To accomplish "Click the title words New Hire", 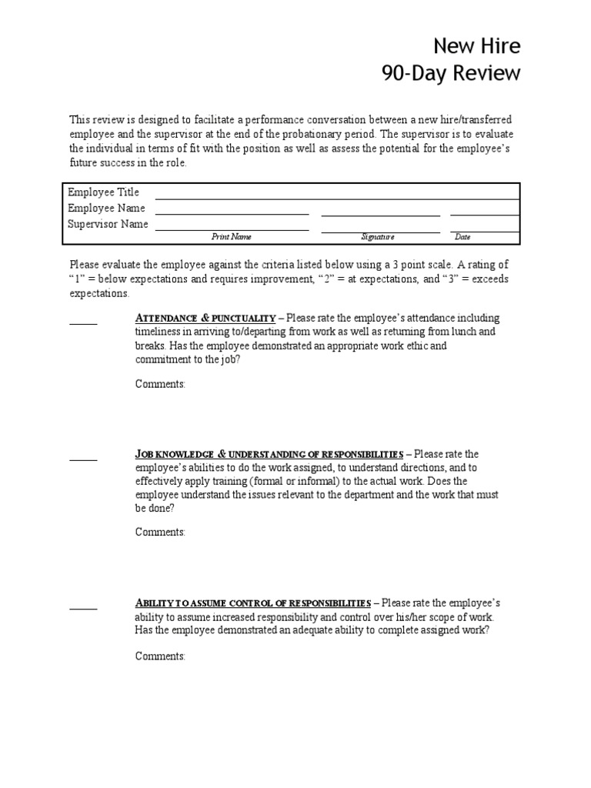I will coord(476,46).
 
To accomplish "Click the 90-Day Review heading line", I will coord(451,74).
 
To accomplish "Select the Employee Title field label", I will coord(103,192).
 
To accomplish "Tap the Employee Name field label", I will coord(106,209).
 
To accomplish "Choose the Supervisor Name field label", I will coord(108,225).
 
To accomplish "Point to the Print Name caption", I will coord(232,237).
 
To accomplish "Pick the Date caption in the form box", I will coord(462,237).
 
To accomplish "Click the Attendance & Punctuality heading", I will coord(205,318).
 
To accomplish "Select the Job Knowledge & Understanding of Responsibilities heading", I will coord(269,454).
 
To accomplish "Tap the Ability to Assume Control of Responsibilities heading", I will coord(253,603).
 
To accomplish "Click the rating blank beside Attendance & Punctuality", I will coord(83,322).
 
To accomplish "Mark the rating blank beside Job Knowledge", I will coord(83,459).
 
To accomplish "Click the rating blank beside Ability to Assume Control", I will coord(83,607).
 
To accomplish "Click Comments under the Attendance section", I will coord(160,384).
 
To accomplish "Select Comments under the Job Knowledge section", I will coord(160,532).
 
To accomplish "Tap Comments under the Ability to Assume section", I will coord(160,656).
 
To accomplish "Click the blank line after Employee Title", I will coord(336,197).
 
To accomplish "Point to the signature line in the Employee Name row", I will coord(380,214).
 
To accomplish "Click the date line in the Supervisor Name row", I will coord(484,230).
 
